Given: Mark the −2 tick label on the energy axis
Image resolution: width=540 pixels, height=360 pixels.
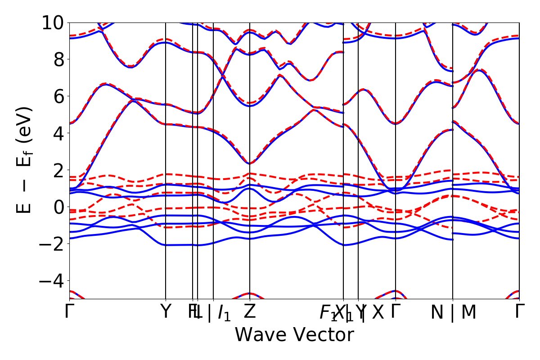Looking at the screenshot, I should pyautogui.click(x=51, y=244).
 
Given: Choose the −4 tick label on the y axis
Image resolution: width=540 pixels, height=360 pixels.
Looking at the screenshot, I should pyautogui.click(x=51, y=281).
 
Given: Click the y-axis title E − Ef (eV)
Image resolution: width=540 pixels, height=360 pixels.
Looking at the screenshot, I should pyautogui.click(x=25, y=160).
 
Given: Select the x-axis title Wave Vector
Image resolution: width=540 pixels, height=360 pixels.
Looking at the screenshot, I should pyautogui.click(x=294, y=335).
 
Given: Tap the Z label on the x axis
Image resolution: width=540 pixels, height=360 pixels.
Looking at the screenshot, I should pyautogui.click(x=250, y=312).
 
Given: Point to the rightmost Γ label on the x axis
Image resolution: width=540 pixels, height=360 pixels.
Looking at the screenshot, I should pyautogui.click(x=519, y=312).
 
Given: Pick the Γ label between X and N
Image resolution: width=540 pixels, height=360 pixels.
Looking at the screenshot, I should pyautogui.click(x=396, y=312).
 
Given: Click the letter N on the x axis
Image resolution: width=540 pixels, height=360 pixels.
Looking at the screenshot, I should pyautogui.click(x=437, y=313).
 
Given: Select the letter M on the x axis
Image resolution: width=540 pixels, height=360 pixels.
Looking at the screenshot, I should pyautogui.click(x=468, y=313).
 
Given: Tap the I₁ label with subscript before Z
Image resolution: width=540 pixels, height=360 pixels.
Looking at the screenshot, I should pyautogui.click(x=224, y=313).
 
